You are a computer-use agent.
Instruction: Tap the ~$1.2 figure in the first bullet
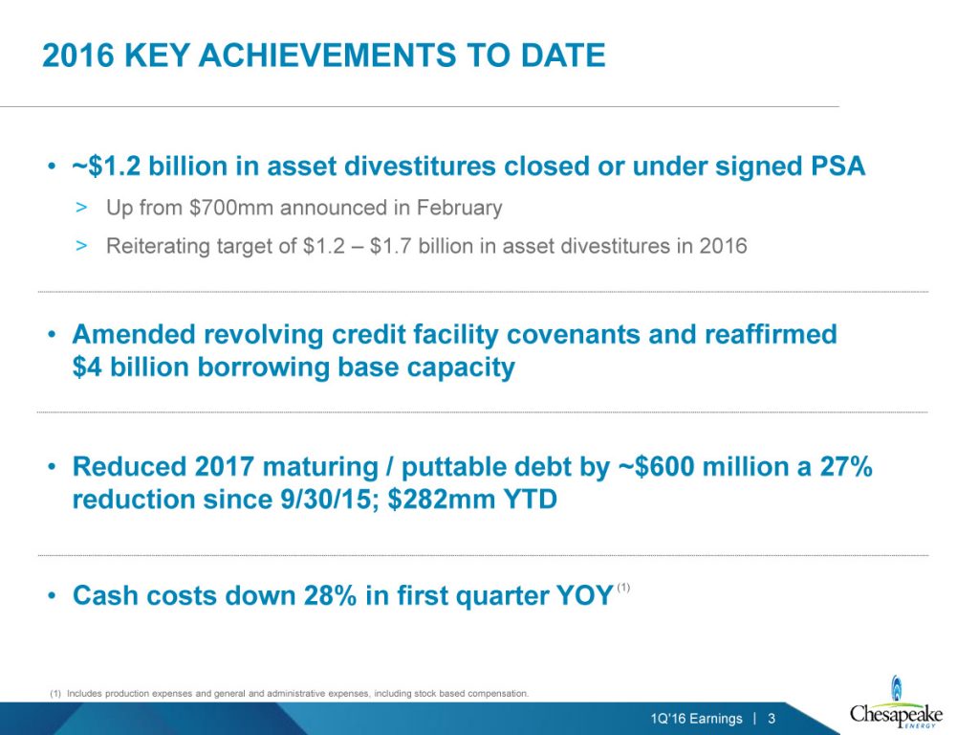106,167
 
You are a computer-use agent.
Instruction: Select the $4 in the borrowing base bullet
87,367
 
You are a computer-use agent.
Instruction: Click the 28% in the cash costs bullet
330,595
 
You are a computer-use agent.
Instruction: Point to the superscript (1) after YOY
623,587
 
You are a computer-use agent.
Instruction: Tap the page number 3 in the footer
772,719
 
